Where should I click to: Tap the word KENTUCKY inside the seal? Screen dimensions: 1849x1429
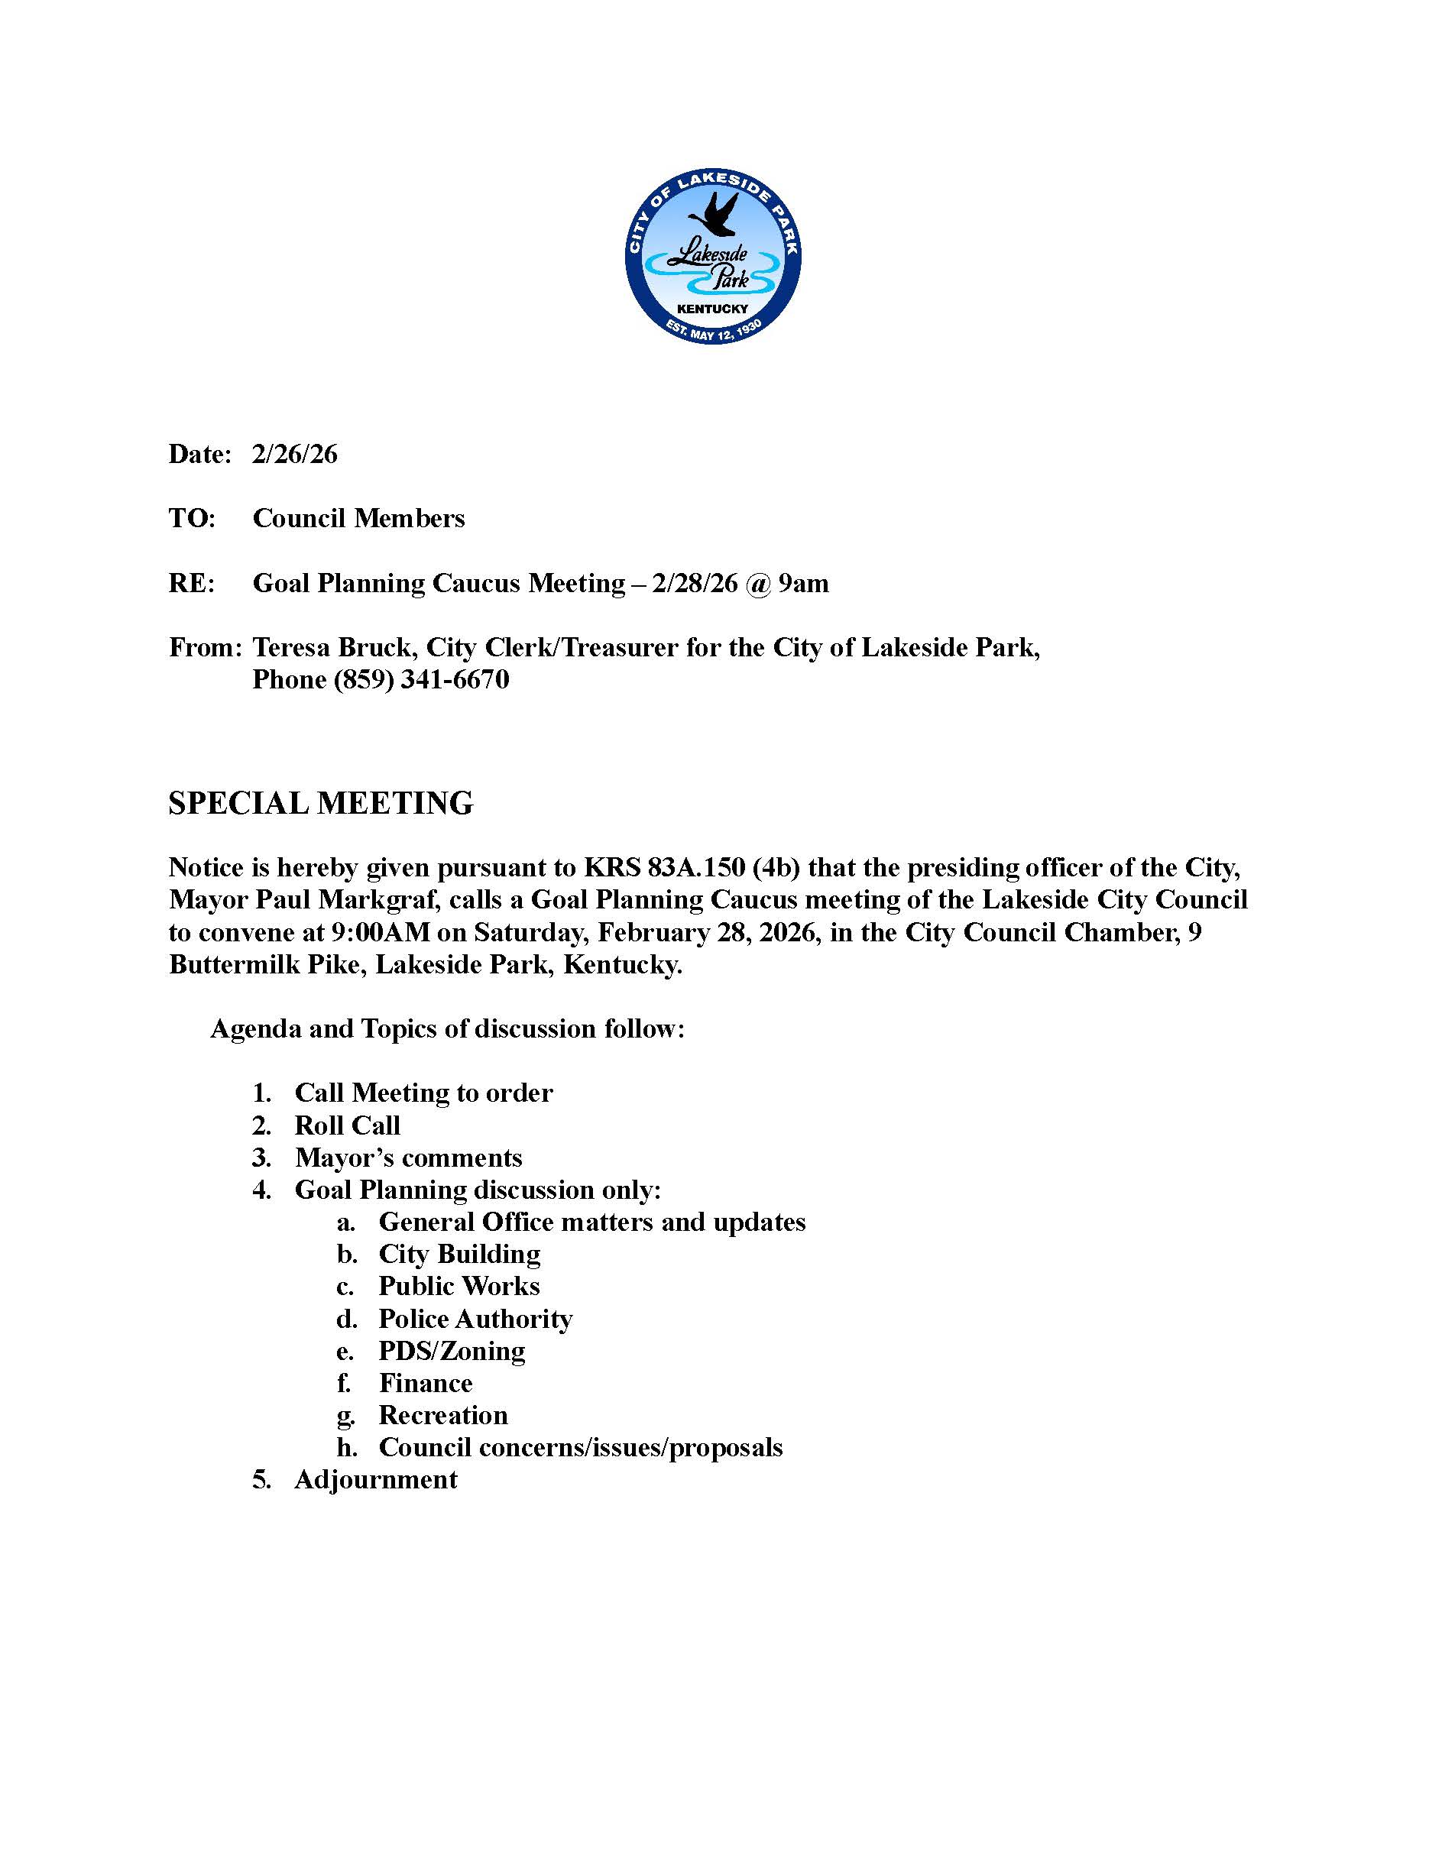tap(713, 309)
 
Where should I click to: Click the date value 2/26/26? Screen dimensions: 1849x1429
tap(295, 455)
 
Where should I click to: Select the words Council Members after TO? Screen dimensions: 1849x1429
tap(359, 518)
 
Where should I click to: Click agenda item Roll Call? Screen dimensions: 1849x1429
tap(347, 1125)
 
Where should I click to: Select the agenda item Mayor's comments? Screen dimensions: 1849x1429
tap(408, 1158)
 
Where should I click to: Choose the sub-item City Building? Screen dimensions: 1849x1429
tap(459, 1254)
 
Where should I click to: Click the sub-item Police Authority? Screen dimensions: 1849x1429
tap(475, 1319)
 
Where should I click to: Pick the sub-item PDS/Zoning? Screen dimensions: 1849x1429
tap(451, 1351)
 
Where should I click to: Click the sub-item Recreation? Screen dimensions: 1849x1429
tap(442, 1416)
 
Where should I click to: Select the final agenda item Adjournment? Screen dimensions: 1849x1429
tap(376, 1480)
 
